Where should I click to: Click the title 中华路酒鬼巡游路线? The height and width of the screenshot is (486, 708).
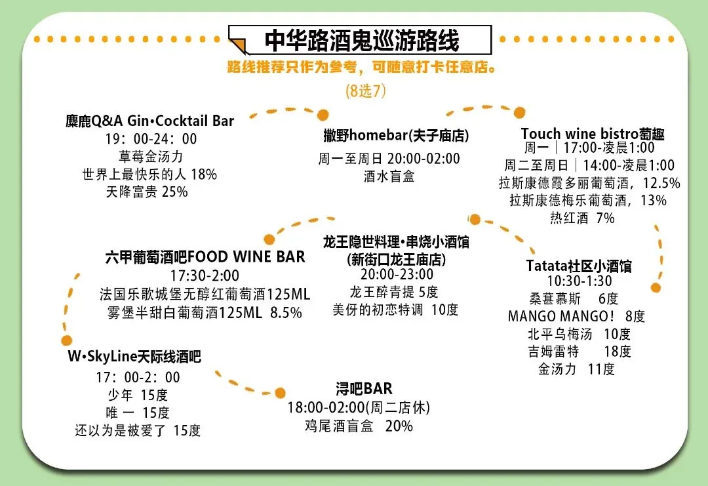(362, 41)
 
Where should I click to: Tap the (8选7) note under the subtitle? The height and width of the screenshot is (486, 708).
(365, 91)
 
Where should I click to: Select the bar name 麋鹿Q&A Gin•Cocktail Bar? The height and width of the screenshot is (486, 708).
(150, 121)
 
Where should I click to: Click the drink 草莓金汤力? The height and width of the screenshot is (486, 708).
(150, 157)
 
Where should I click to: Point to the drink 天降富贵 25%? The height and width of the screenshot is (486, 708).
(147, 192)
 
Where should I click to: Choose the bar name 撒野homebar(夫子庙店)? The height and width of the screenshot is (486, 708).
(396, 136)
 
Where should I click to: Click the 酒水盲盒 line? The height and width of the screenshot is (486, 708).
(389, 176)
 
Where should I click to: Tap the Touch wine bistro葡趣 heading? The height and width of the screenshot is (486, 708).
(593, 134)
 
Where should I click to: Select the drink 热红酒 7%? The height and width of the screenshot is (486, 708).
(582, 218)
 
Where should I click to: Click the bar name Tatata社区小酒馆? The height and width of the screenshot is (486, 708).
(579, 266)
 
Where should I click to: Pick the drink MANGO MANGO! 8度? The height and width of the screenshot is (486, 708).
(576, 316)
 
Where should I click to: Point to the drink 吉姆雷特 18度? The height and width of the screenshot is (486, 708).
(580, 352)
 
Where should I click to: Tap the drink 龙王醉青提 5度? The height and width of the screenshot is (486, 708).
(394, 292)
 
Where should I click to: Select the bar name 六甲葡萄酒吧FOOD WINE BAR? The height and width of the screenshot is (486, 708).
(205, 256)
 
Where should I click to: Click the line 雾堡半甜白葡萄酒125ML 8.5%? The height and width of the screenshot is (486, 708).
(205, 313)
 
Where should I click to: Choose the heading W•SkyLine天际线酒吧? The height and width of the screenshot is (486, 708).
(134, 357)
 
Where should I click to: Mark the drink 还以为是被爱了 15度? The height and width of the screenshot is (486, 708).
(138, 430)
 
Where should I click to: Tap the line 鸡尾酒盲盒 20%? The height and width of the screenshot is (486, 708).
(359, 426)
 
